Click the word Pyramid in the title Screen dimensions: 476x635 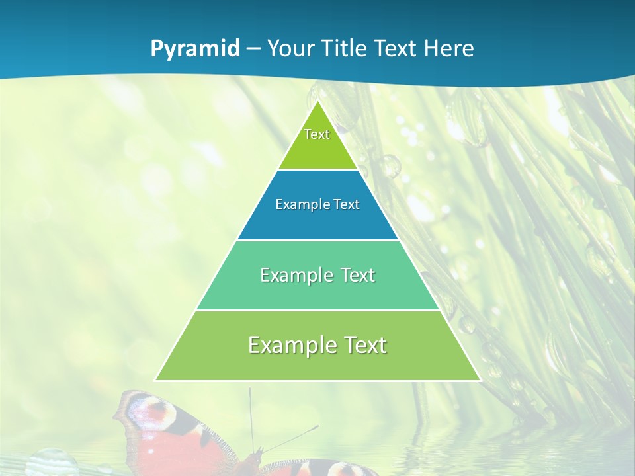195,49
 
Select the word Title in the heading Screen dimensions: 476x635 353,48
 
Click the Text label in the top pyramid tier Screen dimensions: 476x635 317,134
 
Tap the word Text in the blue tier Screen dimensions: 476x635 347,205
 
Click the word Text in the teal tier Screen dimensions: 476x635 357,275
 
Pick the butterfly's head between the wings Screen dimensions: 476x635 255,456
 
